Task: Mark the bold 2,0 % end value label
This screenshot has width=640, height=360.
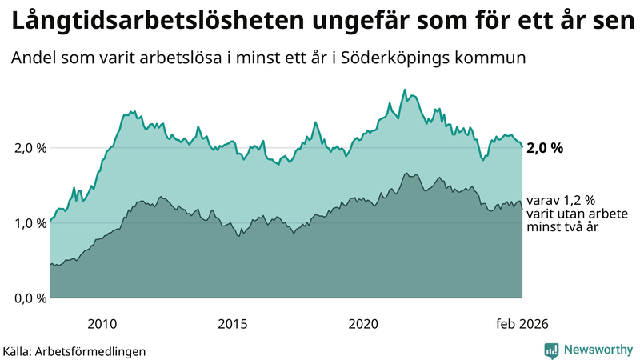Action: (x=546, y=148)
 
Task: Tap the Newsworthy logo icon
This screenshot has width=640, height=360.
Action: (x=551, y=350)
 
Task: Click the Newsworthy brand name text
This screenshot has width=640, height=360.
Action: (x=597, y=350)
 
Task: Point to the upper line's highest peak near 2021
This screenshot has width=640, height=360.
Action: (x=405, y=90)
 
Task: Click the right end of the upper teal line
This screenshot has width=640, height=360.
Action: (x=522, y=146)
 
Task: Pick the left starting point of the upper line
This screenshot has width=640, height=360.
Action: (x=50, y=221)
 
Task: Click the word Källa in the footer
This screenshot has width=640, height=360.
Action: (x=18, y=351)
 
